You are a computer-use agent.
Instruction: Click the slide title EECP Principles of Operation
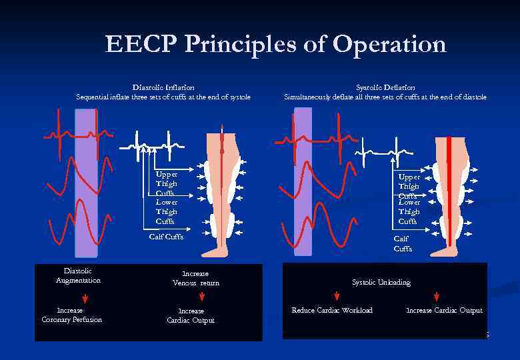(275, 45)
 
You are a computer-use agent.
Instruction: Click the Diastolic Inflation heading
(163, 87)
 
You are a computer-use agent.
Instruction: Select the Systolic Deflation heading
(385, 87)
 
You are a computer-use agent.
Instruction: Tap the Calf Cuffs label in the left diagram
(165, 237)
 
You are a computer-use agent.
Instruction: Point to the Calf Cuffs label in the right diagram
(403, 243)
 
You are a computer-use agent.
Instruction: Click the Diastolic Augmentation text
(78, 275)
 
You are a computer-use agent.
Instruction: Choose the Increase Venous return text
(195, 278)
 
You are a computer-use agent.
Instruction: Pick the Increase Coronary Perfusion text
(71, 315)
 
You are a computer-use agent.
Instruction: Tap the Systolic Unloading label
(381, 282)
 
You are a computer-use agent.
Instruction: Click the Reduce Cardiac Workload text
(332, 310)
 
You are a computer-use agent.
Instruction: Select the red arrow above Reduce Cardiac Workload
(337, 296)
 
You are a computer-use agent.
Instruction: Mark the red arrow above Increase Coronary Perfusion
(72, 297)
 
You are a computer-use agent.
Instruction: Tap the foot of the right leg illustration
(444, 251)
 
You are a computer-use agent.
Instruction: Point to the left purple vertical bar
(86, 183)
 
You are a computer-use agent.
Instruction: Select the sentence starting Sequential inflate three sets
(163, 97)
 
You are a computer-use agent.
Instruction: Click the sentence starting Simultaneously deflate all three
(385, 97)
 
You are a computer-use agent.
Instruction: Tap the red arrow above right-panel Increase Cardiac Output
(437, 296)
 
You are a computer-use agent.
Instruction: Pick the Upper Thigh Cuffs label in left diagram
(167, 183)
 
